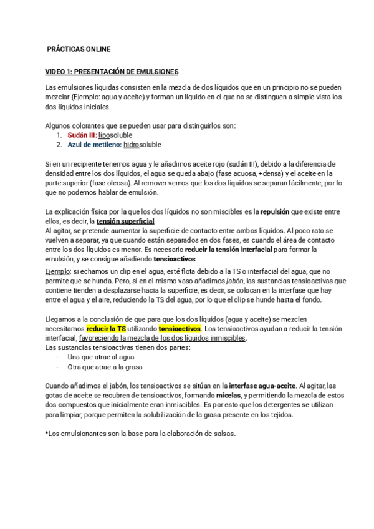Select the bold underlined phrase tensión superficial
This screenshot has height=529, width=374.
[x=125, y=221]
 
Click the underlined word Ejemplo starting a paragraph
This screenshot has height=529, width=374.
[x=59, y=272]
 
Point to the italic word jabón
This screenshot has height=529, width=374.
[x=234, y=281]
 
